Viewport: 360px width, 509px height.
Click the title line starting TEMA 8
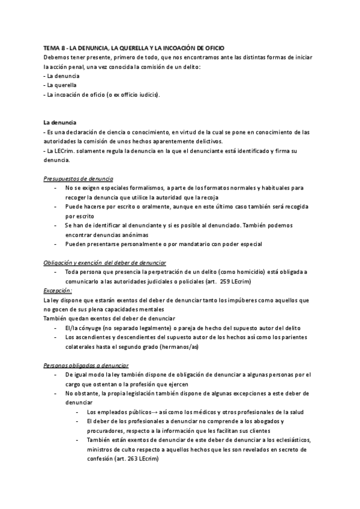142,47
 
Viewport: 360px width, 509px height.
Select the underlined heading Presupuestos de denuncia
79,179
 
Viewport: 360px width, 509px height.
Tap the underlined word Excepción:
58,290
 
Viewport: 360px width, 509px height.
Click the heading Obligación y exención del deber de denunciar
105,263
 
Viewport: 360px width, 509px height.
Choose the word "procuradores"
106,430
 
